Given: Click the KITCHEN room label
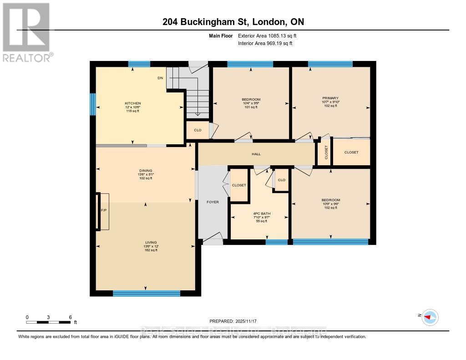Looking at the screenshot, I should (133, 103).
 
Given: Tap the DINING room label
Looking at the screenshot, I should (146, 171).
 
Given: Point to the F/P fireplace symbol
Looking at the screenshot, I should (103, 211).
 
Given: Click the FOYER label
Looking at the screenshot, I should (213, 202).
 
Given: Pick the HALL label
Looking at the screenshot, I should (256, 154).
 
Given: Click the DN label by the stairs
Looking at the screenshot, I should (160, 78).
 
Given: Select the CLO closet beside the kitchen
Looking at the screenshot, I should (198, 130).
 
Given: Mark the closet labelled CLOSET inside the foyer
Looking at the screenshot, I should (239, 185).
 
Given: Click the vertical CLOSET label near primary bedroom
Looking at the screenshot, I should (326, 152).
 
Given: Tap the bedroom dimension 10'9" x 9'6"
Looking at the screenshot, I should (330, 204).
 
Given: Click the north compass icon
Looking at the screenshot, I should (430, 317).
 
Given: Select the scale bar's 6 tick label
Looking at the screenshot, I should (70, 317).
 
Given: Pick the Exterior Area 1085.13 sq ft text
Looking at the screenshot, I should (268, 35).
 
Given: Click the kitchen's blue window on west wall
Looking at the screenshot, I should (92, 104).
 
